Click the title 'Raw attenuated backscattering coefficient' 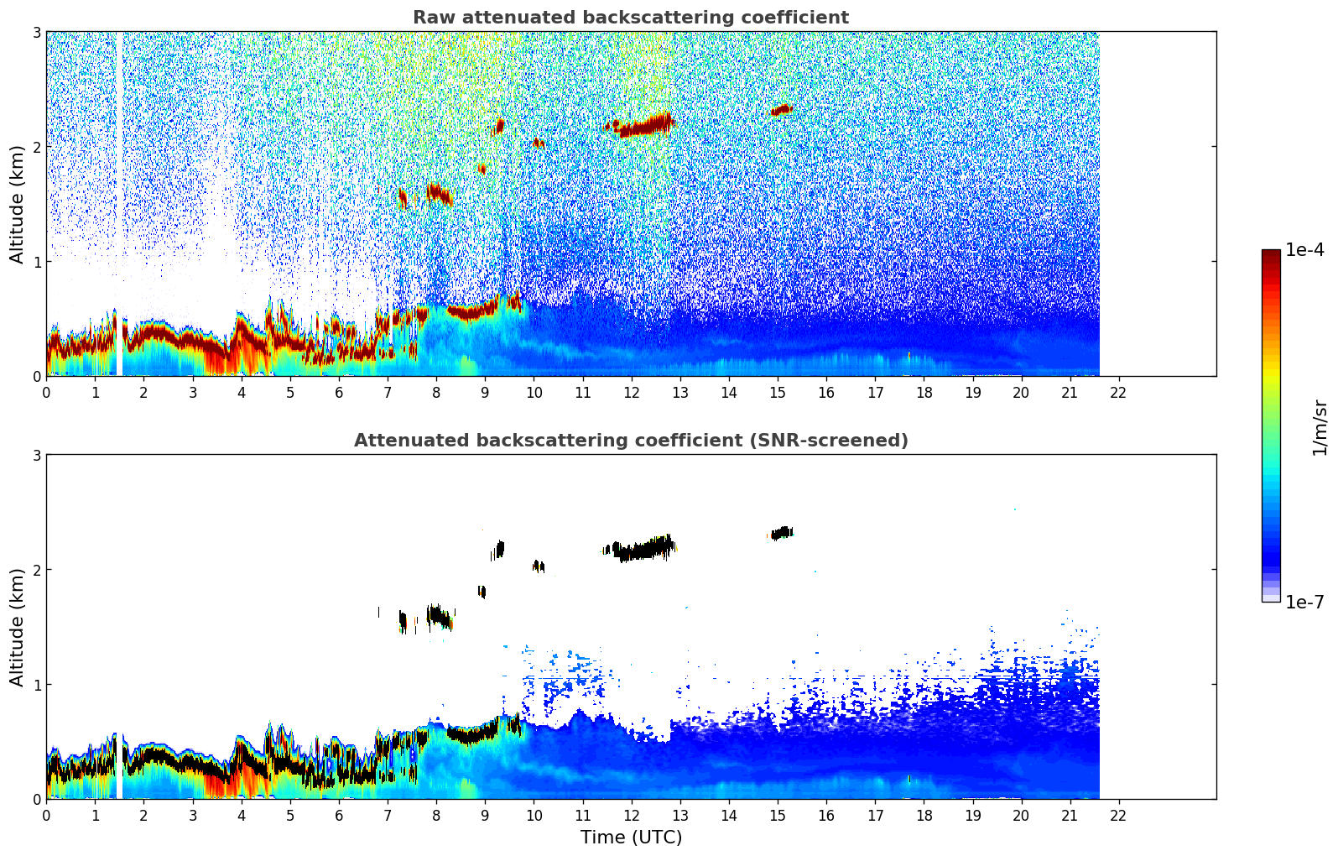pos(630,18)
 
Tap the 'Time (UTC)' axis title pos(631,838)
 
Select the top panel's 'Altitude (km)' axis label pos(17,204)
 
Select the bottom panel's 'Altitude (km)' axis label pos(17,627)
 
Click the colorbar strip pos(1271,425)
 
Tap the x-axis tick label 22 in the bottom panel pos(1118,816)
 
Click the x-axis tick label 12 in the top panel pos(631,393)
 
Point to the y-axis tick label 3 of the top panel pos(37,32)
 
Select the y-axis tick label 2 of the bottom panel pos(37,570)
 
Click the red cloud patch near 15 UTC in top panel pos(782,109)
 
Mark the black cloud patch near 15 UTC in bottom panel pos(782,533)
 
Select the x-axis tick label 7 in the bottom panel pos(388,816)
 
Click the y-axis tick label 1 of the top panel pos(37,262)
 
